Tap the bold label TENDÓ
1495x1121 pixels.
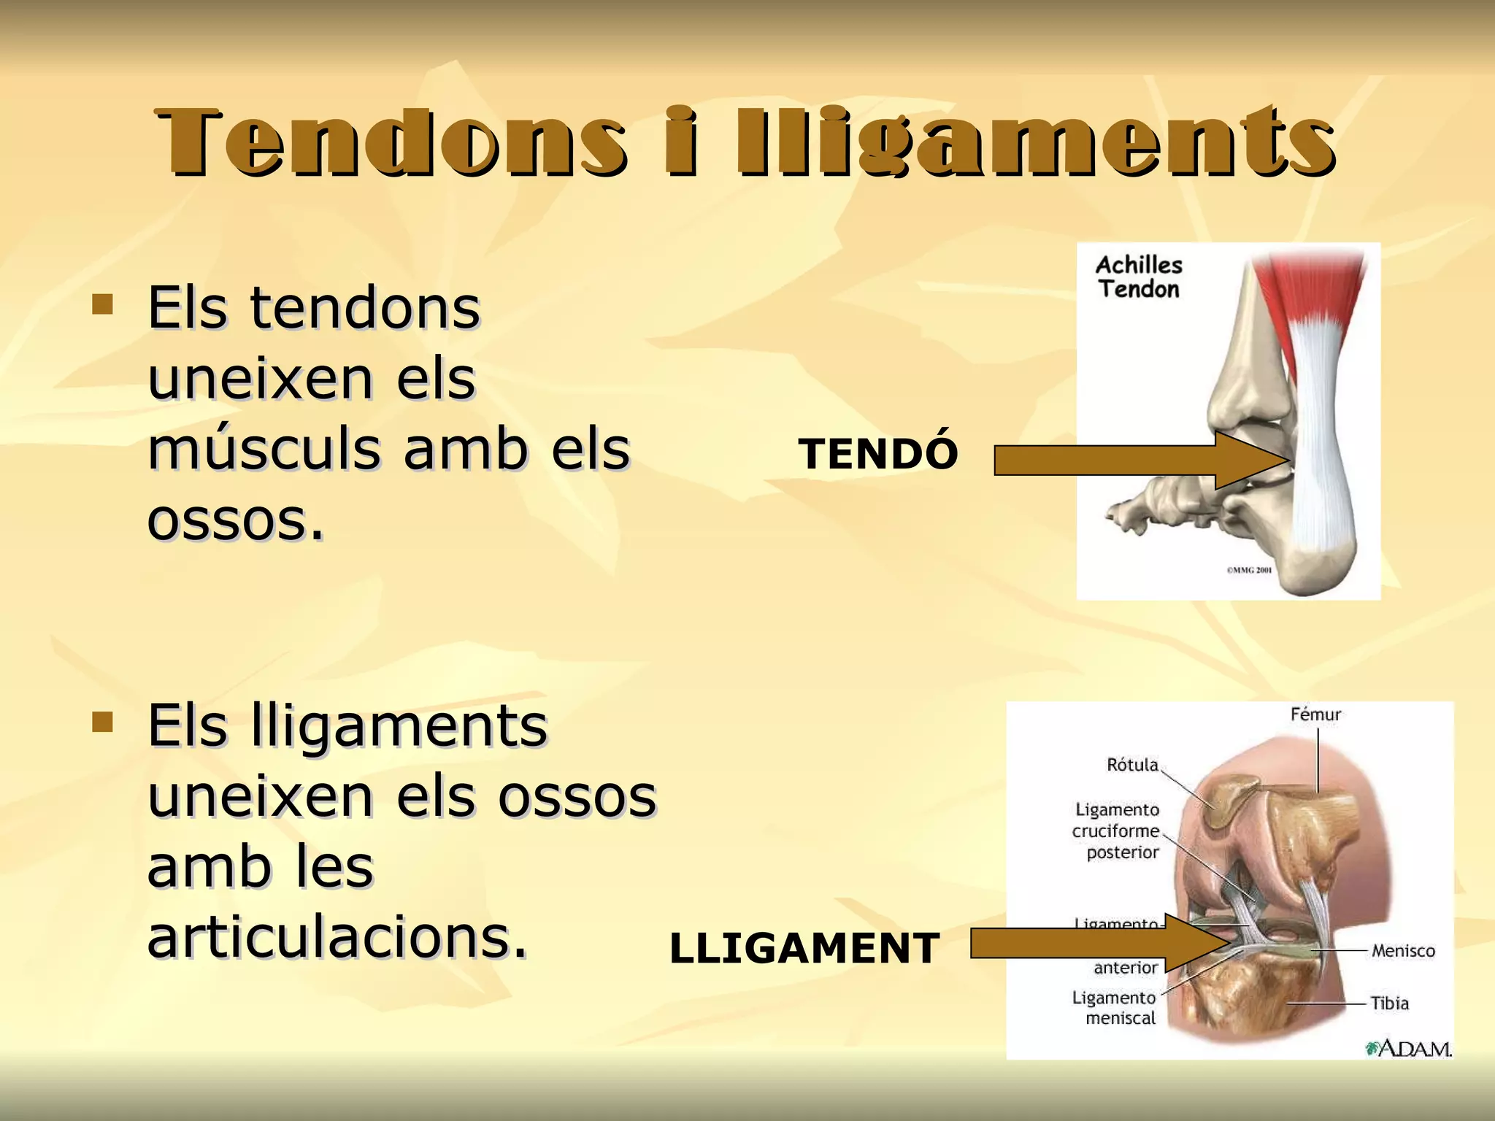[x=877, y=454]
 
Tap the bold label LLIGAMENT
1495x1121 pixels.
[x=804, y=949]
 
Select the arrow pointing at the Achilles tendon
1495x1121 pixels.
[x=1139, y=461]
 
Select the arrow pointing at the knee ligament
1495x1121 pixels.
[x=1095, y=943]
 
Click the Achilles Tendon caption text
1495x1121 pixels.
[x=1139, y=277]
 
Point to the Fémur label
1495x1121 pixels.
[x=1315, y=714]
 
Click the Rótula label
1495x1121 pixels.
[x=1132, y=765]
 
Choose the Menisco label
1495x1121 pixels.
[x=1402, y=951]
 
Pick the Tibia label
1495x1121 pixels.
[x=1389, y=1003]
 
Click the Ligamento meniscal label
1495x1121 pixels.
[x=1115, y=1008]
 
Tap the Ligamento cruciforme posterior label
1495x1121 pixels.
[x=1117, y=831]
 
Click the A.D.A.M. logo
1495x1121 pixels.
[x=1409, y=1049]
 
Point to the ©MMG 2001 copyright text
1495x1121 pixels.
[x=1249, y=570]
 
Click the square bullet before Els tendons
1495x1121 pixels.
[x=102, y=304]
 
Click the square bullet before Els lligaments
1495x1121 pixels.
[x=102, y=723]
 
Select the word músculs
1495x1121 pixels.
[x=264, y=450]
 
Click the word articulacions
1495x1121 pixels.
[x=337, y=938]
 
